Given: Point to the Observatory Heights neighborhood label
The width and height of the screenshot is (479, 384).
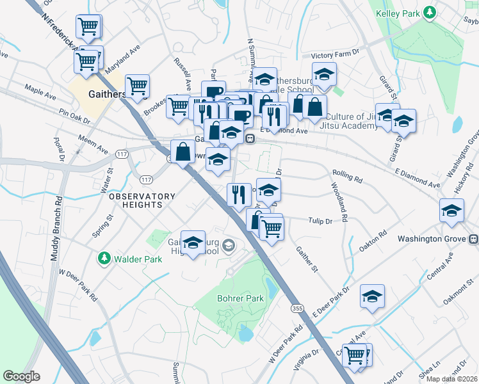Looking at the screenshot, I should (x=142, y=200).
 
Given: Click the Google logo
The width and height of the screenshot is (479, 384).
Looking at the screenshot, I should (x=21, y=376).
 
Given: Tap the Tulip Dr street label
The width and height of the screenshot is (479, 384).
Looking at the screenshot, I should (x=320, y=221).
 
